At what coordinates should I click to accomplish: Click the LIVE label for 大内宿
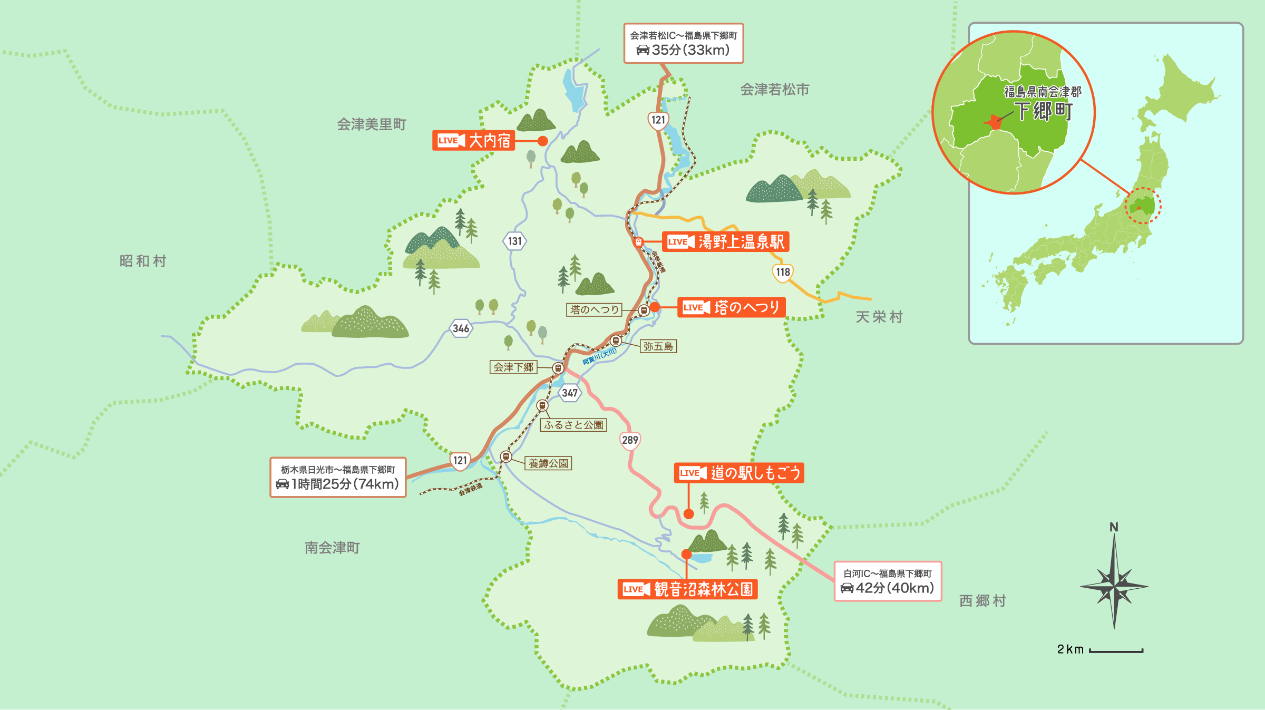click(473, 140)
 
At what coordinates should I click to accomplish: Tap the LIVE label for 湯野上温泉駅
click(725, 241)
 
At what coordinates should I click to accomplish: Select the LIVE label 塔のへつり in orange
click(731, 307)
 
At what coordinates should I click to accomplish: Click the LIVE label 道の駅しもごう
click(738, 473)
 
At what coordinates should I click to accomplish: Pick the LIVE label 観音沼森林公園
click(687, 589)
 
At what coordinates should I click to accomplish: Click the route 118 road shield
click(783, 272)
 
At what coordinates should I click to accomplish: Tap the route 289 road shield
click(630, 440)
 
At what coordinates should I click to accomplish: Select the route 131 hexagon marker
click(514, 241)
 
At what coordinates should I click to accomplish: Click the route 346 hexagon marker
click(461, 328)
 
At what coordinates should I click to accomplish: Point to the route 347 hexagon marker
click(570, 393)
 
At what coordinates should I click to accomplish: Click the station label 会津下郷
click(513, 367)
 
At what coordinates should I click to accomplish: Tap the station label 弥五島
click(658, 346)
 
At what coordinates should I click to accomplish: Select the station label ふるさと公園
click(573, 425)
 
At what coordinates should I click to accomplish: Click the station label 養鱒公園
click(548, 463)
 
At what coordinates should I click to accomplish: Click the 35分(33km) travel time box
click(683, 43)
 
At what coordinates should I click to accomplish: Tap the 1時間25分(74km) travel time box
click(338, 477)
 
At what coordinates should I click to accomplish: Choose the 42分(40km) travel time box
click(888, 581)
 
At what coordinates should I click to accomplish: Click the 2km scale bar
click(1116, 650)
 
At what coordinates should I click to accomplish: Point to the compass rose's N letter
click(1114, 527)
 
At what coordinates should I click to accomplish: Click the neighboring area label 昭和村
click(143, 261)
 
